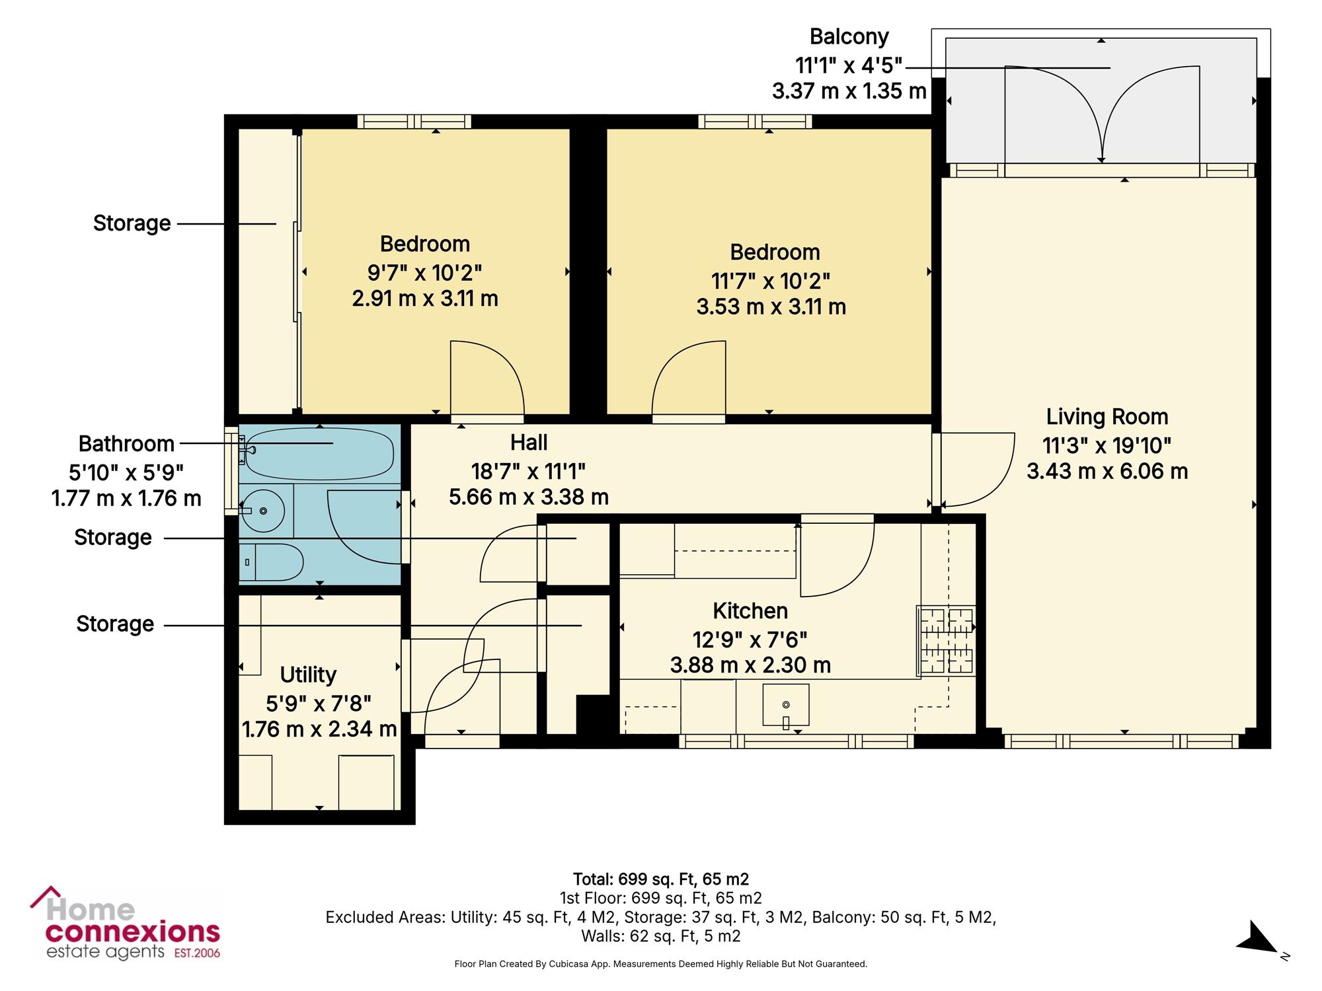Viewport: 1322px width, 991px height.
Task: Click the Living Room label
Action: [1107, 417]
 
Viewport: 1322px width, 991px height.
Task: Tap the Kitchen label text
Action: [750, 611]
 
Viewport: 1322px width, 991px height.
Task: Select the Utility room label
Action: [308, 675]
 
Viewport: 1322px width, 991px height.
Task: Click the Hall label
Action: [529, 442]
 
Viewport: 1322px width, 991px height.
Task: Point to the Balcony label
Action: [849, 37]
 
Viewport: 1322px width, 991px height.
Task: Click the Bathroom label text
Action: [126, 443]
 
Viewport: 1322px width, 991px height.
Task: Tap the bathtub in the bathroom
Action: [318, 453]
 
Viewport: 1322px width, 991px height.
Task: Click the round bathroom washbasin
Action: [263, 510]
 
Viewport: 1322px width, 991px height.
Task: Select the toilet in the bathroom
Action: [271, 562]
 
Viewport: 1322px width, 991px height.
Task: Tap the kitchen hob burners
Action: [946, 640]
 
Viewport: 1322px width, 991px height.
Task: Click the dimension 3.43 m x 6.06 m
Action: [1107, 471]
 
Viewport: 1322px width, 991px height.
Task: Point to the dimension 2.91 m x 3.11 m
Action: [425, 299]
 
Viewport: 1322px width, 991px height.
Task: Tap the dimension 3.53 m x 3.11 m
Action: [771, 307]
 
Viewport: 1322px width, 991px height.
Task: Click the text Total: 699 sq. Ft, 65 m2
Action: [661, 879]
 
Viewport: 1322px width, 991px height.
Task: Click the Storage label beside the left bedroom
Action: [132, 223]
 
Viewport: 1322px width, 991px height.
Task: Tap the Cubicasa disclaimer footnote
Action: [661, 964]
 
